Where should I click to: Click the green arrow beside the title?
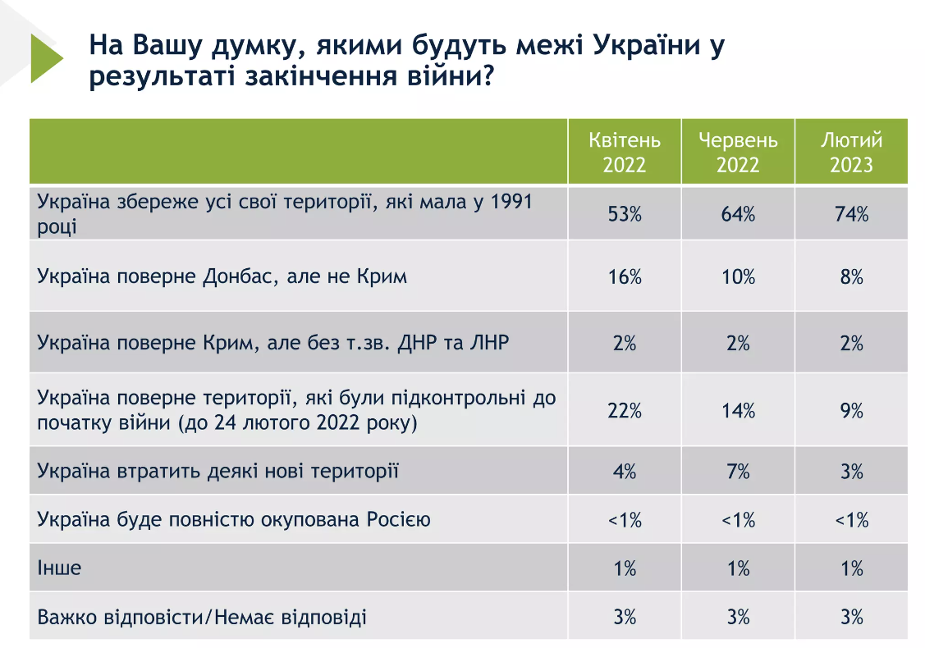[45, 58]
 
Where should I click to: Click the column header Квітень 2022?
[625, 152]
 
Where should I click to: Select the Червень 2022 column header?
[738, 152]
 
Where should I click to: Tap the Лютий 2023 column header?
[851, 152]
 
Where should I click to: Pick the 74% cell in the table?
[851, 214]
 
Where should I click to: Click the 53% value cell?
[625, 214]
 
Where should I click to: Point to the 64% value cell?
[738, 214]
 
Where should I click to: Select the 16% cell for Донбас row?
[625, 276]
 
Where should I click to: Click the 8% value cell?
[851, 276]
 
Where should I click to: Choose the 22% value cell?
[625, 410]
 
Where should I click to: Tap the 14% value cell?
[738, 410]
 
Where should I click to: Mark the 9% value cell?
[851, 410]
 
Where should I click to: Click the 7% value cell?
[738, 471]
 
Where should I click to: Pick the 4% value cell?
[625, 471]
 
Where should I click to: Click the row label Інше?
[60, 568]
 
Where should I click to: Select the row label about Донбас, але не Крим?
[222, 276]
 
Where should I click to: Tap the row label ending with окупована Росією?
[234, 519]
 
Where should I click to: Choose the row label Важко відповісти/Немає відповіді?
[202, 615]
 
